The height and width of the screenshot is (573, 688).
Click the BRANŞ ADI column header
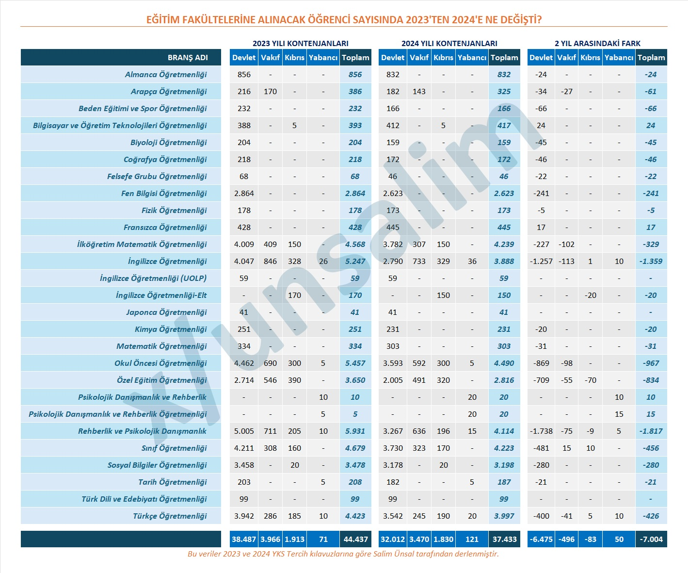pos(188,57)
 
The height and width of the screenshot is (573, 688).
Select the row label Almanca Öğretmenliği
pos(166,74)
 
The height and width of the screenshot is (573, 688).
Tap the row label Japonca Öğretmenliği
pos(166,312)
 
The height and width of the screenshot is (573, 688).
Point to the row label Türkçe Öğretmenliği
pos(170,516)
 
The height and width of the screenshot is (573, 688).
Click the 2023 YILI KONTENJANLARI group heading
pos(300,43)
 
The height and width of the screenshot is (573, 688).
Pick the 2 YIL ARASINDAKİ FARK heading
pos(597,43)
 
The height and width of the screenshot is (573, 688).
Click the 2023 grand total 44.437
pos(355,539)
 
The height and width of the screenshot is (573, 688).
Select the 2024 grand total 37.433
pos(504,539)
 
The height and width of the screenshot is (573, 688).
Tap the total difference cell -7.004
pos(651,539)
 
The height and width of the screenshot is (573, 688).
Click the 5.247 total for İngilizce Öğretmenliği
pos(355,261)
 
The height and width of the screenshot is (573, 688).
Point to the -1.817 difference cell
pos(651,431)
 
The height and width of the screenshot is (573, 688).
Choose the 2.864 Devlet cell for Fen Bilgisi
pos(244,193)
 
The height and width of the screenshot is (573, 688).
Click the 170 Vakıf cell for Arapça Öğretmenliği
pos(270,91)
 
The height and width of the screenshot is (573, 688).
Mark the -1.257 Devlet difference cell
pos(541,261)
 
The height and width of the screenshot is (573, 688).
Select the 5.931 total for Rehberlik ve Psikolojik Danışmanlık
pos(355,431)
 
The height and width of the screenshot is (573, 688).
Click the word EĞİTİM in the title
pos(163,20)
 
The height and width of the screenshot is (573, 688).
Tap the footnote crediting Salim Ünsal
pos(343,554)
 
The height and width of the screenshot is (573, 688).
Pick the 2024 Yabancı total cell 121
pos(472,539)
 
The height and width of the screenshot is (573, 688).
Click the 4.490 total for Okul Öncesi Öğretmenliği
pos(504,363)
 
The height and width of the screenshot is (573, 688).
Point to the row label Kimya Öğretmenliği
pos(171,329)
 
